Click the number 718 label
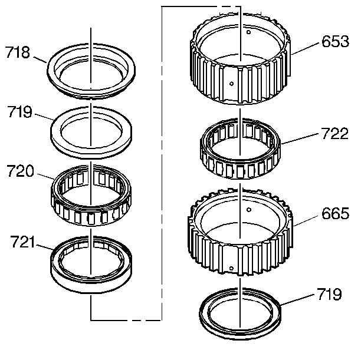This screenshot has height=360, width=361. click(x=17, y=54)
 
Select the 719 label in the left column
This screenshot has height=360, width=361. click(x=19, y=111)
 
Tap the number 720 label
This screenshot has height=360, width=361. click(x=19, y=172)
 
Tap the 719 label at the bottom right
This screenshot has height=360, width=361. click(x=329, y=293)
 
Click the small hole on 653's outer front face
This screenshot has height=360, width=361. click(x=233, y=84)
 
